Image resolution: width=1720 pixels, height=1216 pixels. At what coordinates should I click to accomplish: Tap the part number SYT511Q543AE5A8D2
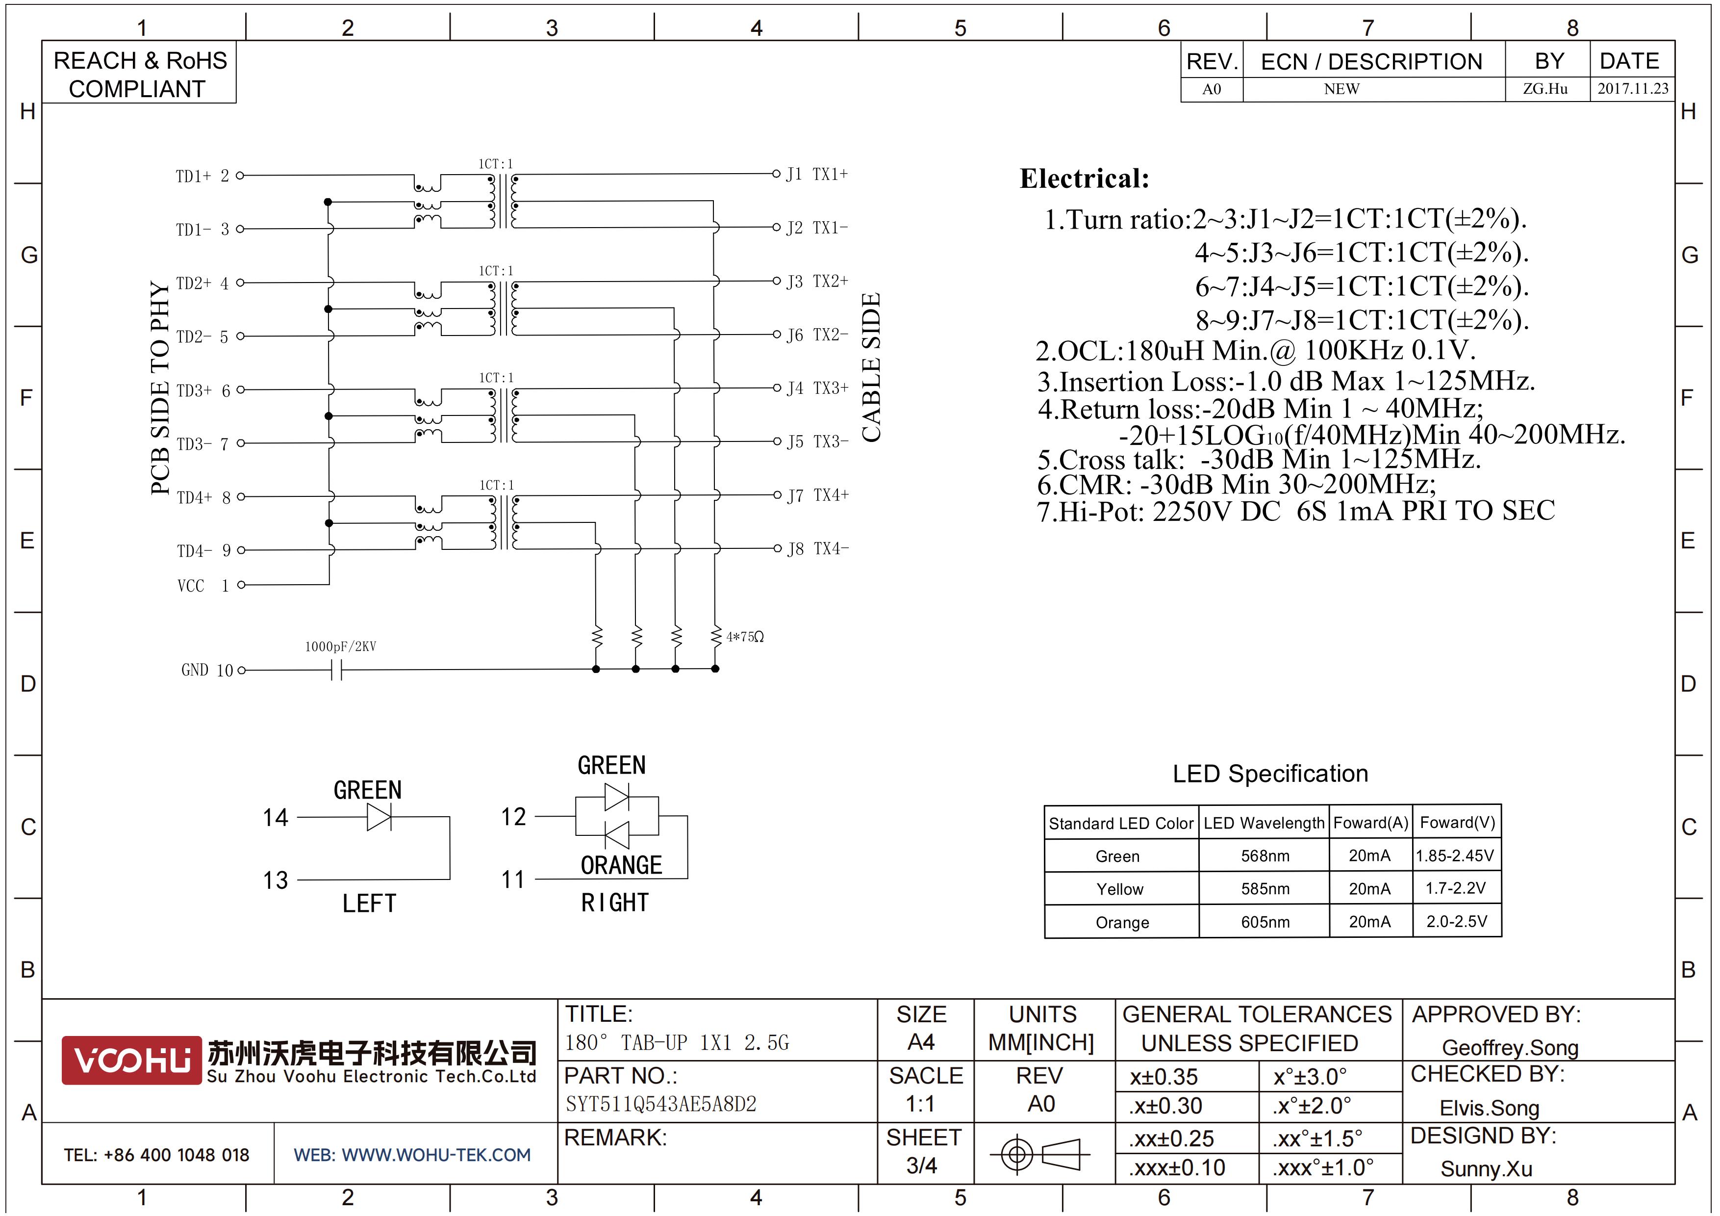(x=661, y=1104)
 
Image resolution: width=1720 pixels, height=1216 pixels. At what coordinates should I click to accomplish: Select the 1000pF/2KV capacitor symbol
(x=336, y=670)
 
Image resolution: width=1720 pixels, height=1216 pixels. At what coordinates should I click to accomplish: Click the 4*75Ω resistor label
(x=745, y=637)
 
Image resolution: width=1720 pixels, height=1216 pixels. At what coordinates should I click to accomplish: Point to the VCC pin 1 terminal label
(x=203, y=585)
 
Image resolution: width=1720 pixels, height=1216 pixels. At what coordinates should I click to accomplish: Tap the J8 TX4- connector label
(x=817, y=548)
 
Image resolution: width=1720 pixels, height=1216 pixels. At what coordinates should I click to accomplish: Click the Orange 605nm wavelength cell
(x=1265, y=922)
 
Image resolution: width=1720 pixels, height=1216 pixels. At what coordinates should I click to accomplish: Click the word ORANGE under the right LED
(x=621, y=865)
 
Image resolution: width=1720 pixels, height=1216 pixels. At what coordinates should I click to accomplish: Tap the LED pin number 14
(x=275, y=817)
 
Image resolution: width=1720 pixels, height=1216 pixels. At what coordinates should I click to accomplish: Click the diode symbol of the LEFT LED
(x=379, y=817)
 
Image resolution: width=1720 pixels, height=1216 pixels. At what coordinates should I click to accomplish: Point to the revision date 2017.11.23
(x=1633, y=88)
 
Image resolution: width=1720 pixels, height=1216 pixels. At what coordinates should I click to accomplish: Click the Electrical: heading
(x=1084, y=179)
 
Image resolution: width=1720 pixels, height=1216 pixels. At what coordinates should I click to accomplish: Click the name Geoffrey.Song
(x=1510, y=1047)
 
